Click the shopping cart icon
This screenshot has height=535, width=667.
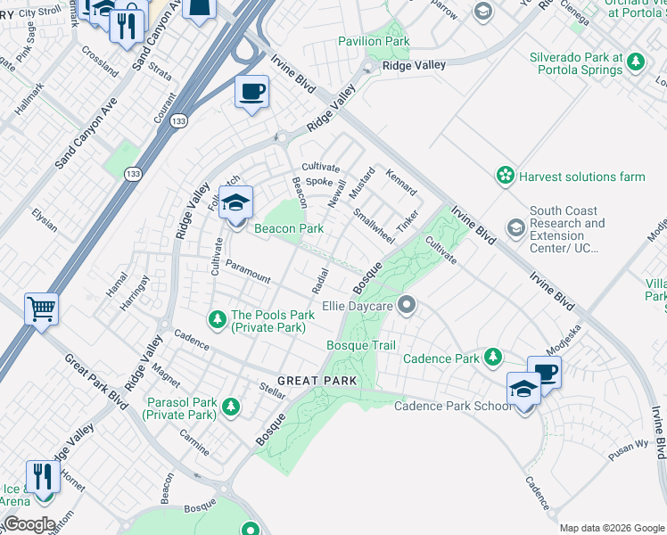41,310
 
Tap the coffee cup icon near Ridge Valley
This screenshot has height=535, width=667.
252,91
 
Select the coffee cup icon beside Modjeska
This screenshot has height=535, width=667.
544,372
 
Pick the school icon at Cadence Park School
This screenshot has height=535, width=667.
523,389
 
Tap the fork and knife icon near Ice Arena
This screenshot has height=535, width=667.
41,476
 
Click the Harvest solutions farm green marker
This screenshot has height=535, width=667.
506,177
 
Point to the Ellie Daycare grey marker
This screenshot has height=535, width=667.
407,306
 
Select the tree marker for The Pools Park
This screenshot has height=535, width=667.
216,317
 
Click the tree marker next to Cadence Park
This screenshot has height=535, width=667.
492,358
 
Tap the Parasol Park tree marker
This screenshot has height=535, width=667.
231,407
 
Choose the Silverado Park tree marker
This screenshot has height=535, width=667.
635,62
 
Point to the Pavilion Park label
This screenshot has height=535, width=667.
374,41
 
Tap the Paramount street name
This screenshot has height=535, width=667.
247,271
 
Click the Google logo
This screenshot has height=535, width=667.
29,524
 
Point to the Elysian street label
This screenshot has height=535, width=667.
44,219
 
